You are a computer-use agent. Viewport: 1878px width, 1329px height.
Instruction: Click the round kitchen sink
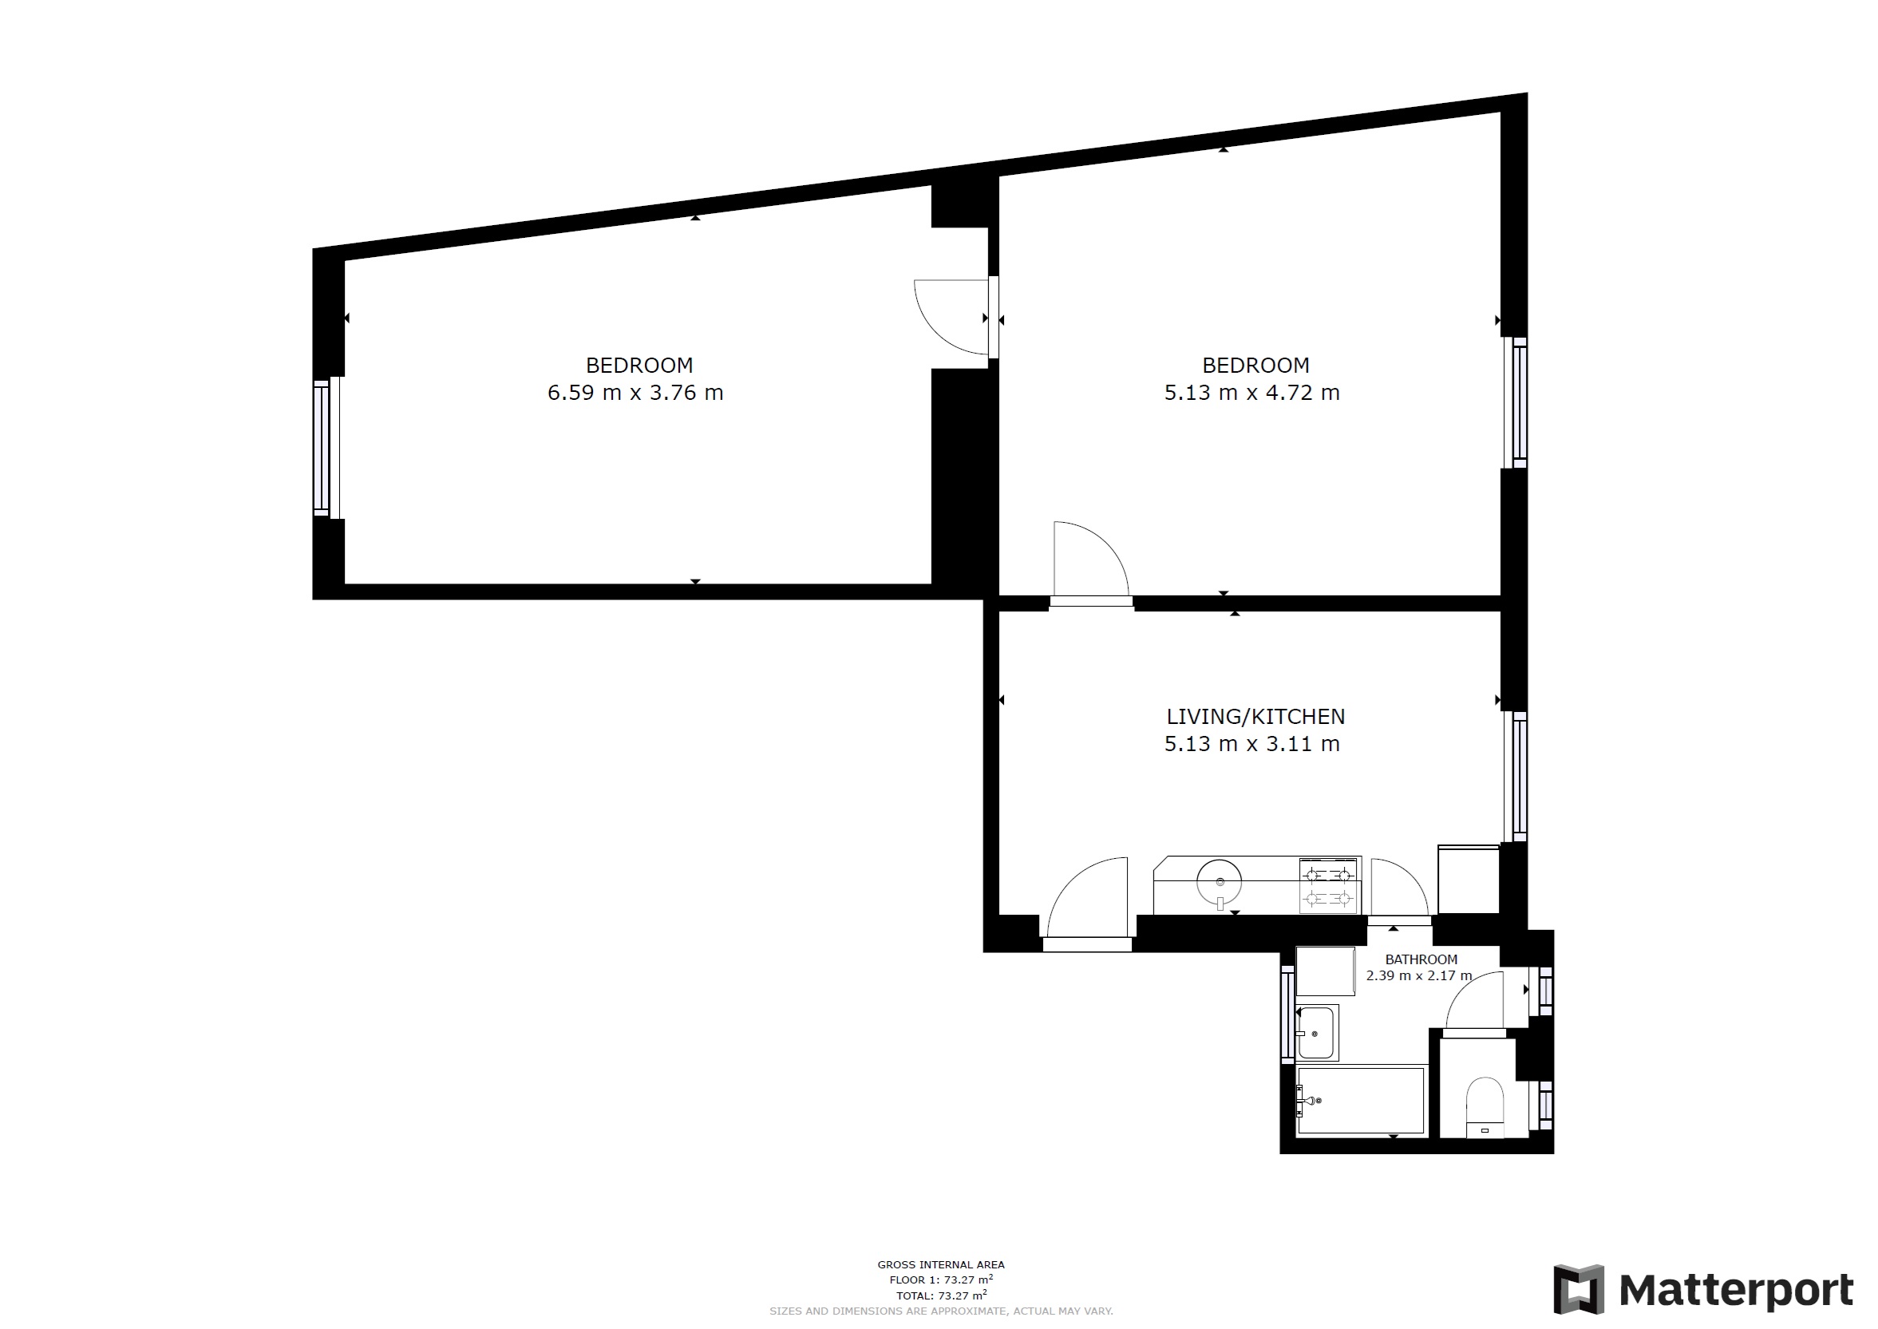click(x=1219, y=882)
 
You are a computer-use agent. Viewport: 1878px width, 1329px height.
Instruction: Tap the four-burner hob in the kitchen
click(x=1329, y=885)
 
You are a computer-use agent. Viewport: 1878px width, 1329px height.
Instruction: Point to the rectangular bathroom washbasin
click(x=1317, y=1033)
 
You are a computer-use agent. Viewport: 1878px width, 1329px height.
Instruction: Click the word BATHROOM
click(x=1421, y=959)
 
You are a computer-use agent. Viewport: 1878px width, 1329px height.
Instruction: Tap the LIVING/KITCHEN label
click(x=1255, y=717)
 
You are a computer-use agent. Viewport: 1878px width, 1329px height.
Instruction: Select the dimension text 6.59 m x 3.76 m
click(x=635, y=393)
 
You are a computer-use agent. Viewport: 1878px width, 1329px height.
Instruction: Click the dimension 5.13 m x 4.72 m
click(x=1252, y=393)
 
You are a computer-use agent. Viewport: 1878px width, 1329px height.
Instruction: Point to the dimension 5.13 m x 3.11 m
click(x=1252, y=744)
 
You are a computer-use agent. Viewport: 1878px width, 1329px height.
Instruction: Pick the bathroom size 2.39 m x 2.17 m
click(x=1419, y=975)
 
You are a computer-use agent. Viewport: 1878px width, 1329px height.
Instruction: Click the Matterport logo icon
click(x=1579, y=1289)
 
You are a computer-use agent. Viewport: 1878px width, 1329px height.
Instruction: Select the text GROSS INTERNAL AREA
click(x=941, y=1264)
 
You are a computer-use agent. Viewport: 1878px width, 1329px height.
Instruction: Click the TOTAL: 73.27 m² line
click(x=941, y=1295)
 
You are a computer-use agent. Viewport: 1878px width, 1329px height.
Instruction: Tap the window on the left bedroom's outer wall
click(x=326, y=447)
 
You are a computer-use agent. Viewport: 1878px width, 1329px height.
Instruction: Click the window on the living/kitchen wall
click(x=1516, y=776)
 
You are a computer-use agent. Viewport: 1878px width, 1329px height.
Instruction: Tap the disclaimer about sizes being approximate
click(x=941, y=1311)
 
